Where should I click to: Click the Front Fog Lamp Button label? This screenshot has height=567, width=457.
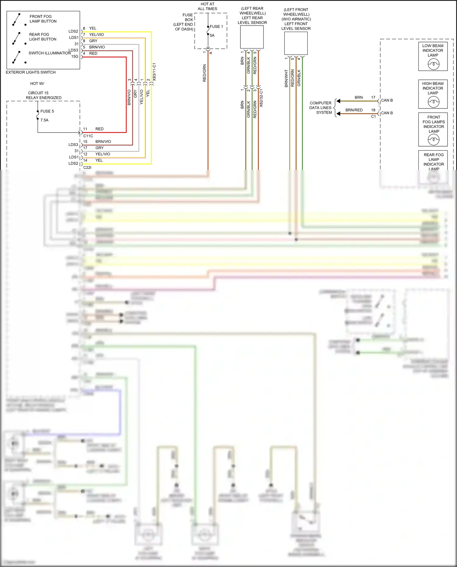pyautogui.click(x=43, y=19)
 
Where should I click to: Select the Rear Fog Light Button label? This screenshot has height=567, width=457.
pyautogui.click(x=42, y=37)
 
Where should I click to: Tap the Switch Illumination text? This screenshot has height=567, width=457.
pyautogui.click(x=49, y=53)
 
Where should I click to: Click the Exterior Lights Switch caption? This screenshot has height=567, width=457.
pyautogui.click(x=31, y=73)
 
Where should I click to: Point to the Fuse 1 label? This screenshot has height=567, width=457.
pyautogui.click(x=216, y=27)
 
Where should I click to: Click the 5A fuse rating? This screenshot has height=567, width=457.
pyautogui.click(x=212, y=36)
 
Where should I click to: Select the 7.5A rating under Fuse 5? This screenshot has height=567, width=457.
pyautogui.click(x=44, y=120)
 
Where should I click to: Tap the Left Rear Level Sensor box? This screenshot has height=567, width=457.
pyautogui.click(x=252, y=37)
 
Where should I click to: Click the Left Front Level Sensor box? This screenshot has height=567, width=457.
pyautogui.click(x=296, y=43)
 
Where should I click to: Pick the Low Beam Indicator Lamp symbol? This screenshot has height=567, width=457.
pyautogui.click(x=433, y=64)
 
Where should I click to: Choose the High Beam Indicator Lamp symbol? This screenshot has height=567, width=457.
pyautogui.click(x=433, y=102)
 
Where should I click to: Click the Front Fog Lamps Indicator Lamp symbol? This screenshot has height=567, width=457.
pyautogui.click(x=434, y=140)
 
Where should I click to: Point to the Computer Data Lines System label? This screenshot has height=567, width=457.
pyautogui.click(x=321, y=108)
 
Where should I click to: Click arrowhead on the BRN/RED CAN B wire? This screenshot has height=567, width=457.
pyautogui.click(x=338, y=114)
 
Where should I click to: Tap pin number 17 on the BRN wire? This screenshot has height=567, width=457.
pyautogui.click(x=373, y=97)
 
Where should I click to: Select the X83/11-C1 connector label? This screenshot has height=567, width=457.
pyautogui.click(x=154, y=72)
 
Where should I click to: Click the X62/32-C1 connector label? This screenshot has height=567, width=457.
pyautogui.click(x=261, y=98)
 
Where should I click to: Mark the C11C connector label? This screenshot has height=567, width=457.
pyautogui.click(x=88, y=136)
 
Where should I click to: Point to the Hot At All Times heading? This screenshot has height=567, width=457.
pyautogui.click(x=207, y=6)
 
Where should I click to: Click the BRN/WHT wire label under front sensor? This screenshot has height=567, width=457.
pyautogui.click(x=286, y=79)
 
